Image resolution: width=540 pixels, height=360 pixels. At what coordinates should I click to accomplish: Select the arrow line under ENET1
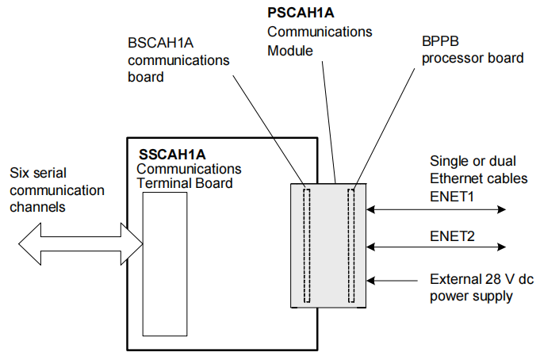[x=435, y=210]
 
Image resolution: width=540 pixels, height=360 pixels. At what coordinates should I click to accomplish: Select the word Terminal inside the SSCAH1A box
[x=163, y=183]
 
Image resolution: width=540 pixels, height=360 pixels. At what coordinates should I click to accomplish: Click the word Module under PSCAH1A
[x=290, y=50]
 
